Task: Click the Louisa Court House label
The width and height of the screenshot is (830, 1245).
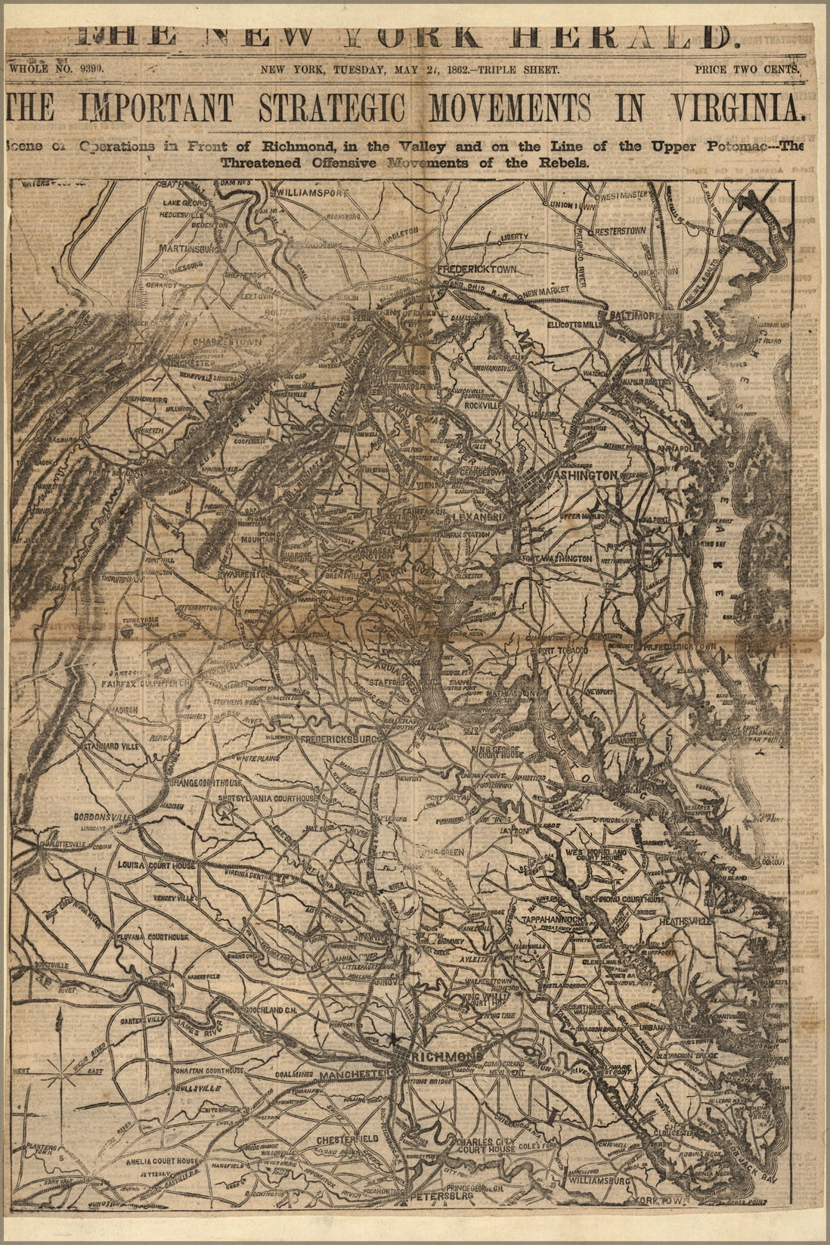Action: (x=156, y=865)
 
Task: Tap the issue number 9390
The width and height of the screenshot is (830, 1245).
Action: (x=90, y=69)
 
